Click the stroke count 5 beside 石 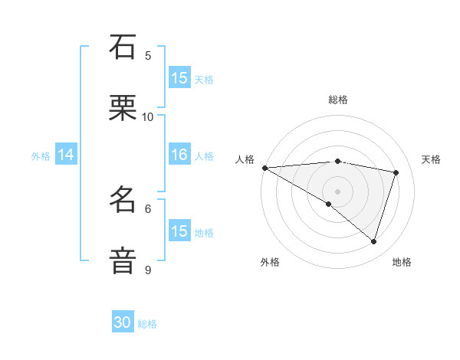[x=148, y=55]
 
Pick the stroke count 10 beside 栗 [x=148, y=116]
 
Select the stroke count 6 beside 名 [x=148, y=208]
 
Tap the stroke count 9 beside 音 [x=148, y=270]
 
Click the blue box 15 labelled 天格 [x=179, y=77]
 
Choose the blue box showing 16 [x=179, y=155]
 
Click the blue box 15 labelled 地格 [x=179, y=231]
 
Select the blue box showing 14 [x=66, y=155]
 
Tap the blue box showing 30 [x=123, y=323]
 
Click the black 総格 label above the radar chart [x=338, y=100]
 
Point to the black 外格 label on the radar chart [x=270, y=262]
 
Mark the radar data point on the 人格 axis [x=264, y=168]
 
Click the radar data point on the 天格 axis [x=396, y=172]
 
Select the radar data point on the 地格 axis [x=373, y=241]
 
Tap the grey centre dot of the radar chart [x=338, y=191]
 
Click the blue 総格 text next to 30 [x=147, y=325]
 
